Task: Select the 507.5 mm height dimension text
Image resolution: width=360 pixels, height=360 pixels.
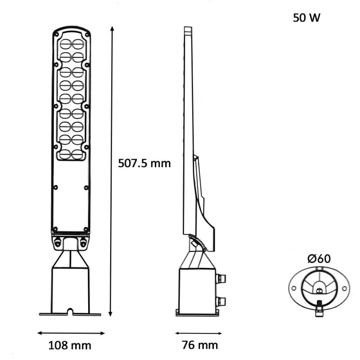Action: click(x=144, y=163)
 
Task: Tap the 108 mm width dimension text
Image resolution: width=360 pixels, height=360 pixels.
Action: click(x=70, y=346)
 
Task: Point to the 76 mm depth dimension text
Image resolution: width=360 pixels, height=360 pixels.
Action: click(x=200, y=346)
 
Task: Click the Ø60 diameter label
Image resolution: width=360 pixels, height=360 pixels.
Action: click(x=319, y=259)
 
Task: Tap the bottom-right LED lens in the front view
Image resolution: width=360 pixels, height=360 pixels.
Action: click(x=78, y=153)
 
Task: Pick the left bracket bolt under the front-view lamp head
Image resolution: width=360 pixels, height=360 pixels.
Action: click(x=57, y=242)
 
